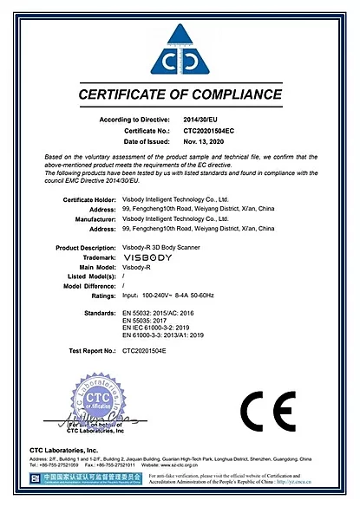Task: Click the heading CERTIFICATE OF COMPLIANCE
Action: pyautogui.click(x=180, y=94)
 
